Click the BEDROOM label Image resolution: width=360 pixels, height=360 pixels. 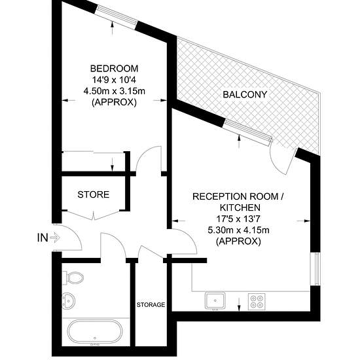pos(114,69)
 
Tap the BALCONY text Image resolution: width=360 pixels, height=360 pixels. pos(245,95)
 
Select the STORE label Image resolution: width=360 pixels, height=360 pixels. pos(93,194)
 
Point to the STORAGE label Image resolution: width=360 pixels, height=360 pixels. pos(151,304)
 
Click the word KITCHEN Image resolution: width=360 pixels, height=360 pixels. pos(240,207)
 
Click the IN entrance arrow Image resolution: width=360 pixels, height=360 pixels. pos(55,238)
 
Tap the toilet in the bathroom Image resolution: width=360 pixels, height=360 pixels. pos(73,278)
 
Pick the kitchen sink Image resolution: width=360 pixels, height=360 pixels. pos(215,300)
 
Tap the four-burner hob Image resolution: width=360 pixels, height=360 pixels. pos(257,302)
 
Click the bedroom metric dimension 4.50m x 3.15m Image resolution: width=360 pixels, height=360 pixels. pos(114,91)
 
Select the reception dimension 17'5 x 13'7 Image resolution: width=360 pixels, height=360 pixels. pos(238,219)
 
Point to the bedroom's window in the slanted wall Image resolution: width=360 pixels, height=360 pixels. pos(117,15)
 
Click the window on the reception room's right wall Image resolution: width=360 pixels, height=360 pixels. pos(315,269)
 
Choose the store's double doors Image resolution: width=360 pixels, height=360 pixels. pos(94,215)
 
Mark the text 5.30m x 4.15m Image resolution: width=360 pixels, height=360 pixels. pos(238,230)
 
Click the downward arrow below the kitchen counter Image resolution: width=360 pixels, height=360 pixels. pos(239,305)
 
